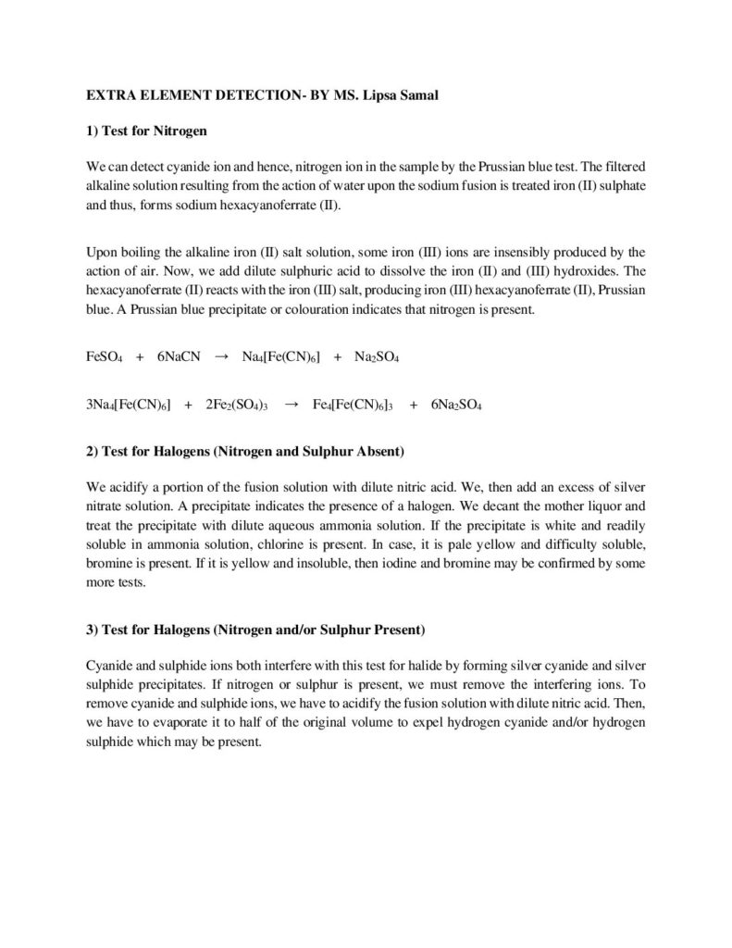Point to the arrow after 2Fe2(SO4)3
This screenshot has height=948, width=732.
[291, 405]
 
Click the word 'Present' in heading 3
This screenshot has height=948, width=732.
[398, 630]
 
